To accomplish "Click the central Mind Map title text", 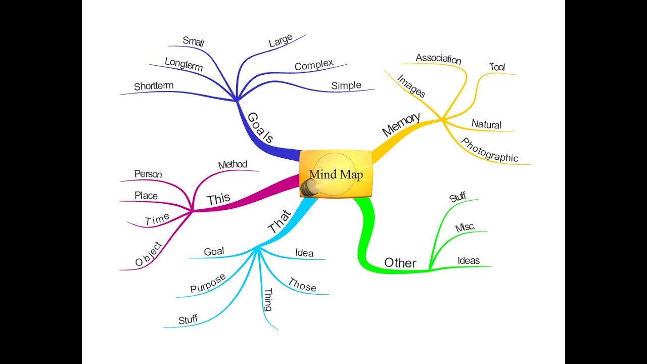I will [336, 175].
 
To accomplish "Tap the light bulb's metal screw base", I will [307, 188].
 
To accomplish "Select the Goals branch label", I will [261, 127].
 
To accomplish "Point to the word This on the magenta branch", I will [218, 199].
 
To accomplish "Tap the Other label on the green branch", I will [400, 263].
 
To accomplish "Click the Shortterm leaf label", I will [154, 86].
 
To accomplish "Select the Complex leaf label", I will [314, 65].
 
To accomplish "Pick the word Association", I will [438, 59].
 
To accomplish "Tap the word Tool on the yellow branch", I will [497, 67].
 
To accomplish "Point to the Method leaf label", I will [233, 165].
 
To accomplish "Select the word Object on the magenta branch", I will [149, 254].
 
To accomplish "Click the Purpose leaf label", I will [208, 284].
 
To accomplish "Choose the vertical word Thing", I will [268, 299].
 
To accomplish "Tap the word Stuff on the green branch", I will [457, 197].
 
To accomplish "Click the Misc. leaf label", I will [465, 227].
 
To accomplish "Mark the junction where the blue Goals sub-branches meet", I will [237, 100].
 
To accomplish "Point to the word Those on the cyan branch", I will [302, 285].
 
